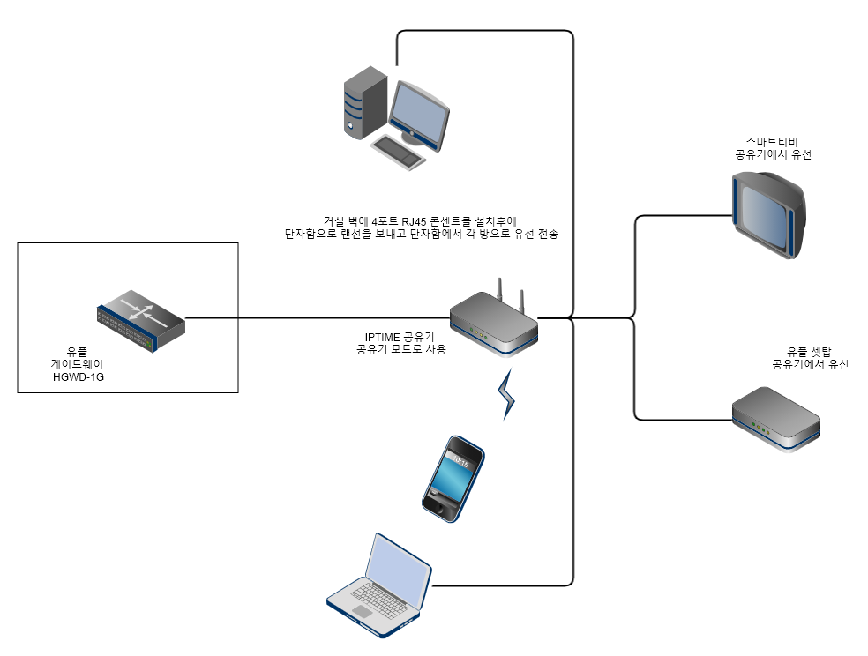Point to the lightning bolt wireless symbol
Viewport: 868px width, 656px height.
click(x=508, y=396)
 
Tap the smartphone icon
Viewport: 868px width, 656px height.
click(x=453, y=477)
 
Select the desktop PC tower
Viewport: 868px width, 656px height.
click(x=364, y=103)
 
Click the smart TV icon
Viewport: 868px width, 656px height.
click(x=768, y=213)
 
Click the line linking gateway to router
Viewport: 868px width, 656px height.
click(x=318, y=317)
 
